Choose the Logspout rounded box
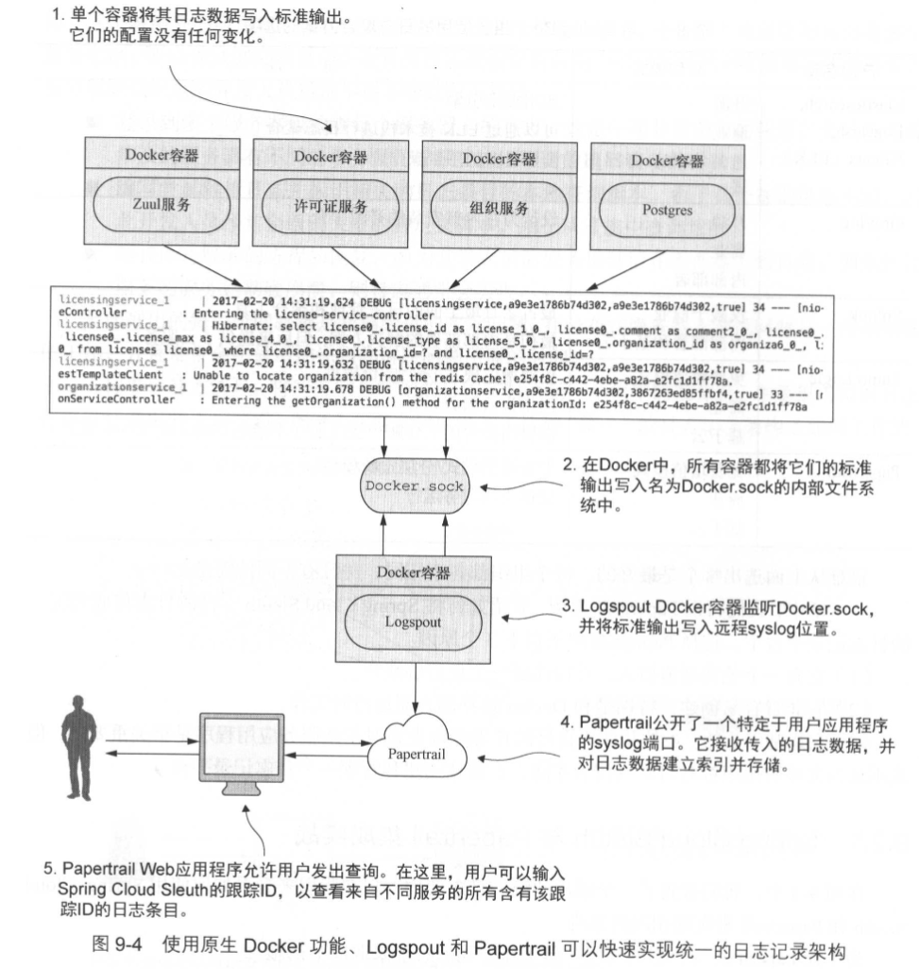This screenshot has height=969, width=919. (413, 621)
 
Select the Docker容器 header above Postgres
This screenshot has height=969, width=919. (666, 161)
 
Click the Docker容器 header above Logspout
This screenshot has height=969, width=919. (413, 572)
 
